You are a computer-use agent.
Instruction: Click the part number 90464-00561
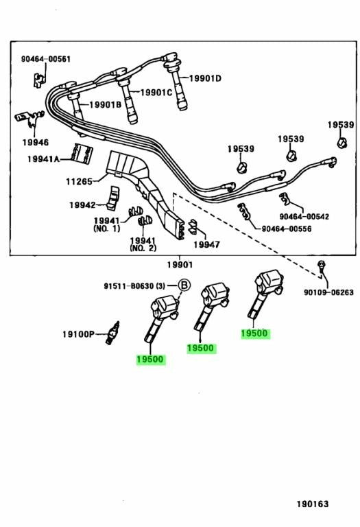pyautogui.click(x=46, y=59)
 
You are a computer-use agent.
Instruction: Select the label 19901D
pyautogui.click(x=205, y=78)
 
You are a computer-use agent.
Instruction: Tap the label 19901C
pyautogui.click(x=156, y=93)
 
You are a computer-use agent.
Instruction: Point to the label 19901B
pyautogui.click(x=105, y=105)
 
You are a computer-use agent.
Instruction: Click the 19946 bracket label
pyautogui.click(x=36, y=142)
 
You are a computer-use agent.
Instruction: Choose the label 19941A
pyautogui.click(x=43, y=159)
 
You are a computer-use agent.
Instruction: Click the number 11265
pyautogui.click(x=79, y=181)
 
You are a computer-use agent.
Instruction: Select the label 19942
pyautogui.click(x=82, y=204)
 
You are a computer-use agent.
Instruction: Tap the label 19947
pyautogui.click(x=206, y=245)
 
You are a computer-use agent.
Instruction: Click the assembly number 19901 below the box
pyautogui.click(x=180, y=265)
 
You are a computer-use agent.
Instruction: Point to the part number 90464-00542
pyautogui.click(x=304, y=217)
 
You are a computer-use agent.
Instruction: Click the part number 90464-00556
pyautogui.click(x=287, y=229)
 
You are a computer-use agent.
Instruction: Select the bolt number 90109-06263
pyautogui.click(x=328, y=292)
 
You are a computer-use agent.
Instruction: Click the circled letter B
pyautogui.click(x=184, y=285)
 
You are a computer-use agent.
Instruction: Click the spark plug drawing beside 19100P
pyautogui.click(x=112, y=333)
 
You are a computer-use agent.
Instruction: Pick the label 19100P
pyautogui.click(x=79, y=334)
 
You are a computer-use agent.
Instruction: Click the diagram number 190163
pyautogui.click(x=312, y=504)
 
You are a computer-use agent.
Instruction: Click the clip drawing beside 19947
pyautogui.click(x=193, y=226)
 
